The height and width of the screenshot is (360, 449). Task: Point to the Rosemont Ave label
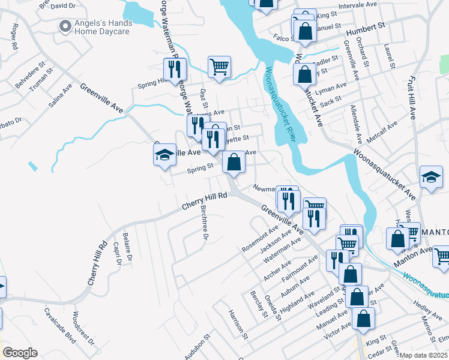260,238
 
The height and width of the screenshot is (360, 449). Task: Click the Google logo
20,353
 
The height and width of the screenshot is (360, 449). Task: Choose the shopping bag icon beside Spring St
234,161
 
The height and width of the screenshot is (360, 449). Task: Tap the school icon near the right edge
431,177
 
